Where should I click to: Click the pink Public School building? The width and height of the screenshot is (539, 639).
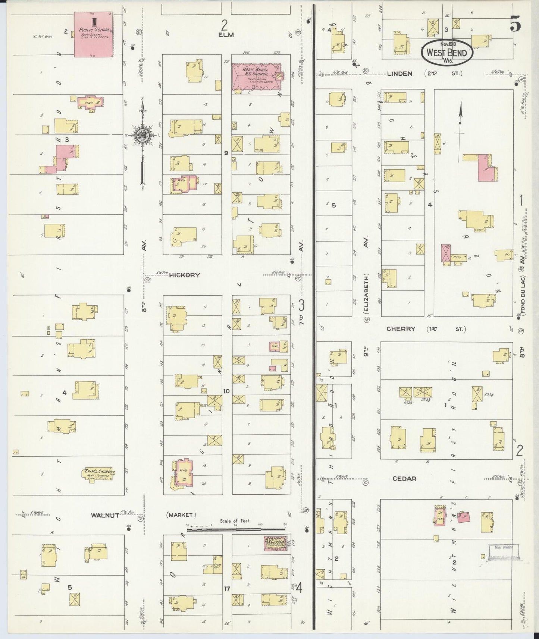[93, 34]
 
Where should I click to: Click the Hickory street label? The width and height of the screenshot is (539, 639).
[184, 276]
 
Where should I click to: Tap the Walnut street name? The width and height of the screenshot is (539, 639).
[105, 515]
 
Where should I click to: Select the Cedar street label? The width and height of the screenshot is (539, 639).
[404, 479]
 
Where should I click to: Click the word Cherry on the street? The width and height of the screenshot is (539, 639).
[401, 329]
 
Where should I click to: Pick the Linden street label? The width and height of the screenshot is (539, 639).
[399, 73]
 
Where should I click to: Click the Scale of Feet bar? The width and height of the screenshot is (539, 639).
[236, 528]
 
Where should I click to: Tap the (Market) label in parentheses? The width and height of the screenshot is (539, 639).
[180, 515]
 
